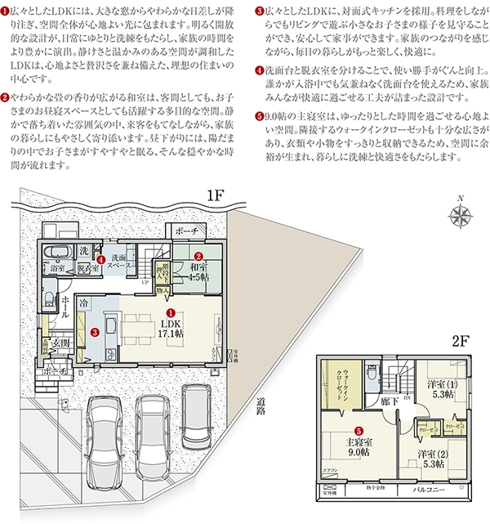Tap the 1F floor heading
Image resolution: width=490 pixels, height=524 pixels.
[x=215, y=196]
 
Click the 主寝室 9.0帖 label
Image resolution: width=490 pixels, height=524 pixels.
[x=359, y=445]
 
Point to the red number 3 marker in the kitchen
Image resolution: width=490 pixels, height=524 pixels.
[x=96, y=332]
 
